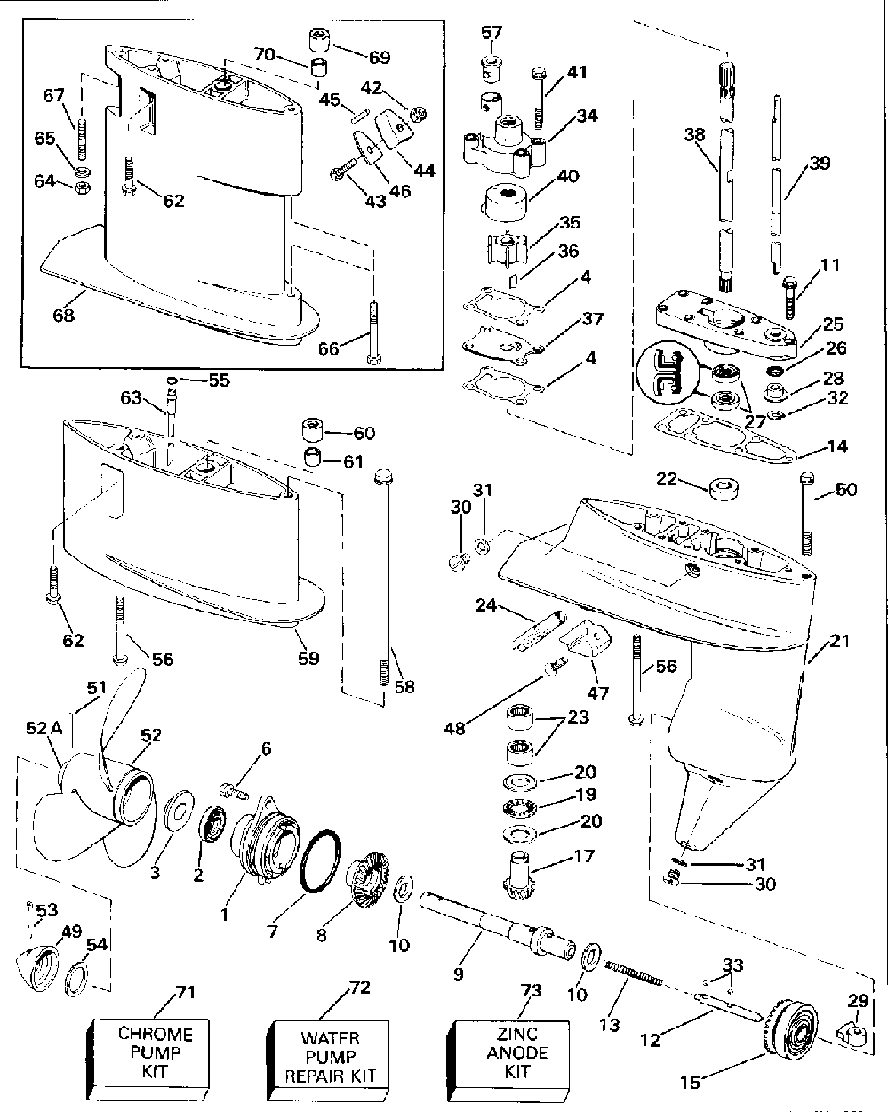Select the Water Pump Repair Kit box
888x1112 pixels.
[328, 1057]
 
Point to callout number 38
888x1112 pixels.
[694, 135]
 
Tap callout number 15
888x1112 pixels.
[690, 1082]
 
